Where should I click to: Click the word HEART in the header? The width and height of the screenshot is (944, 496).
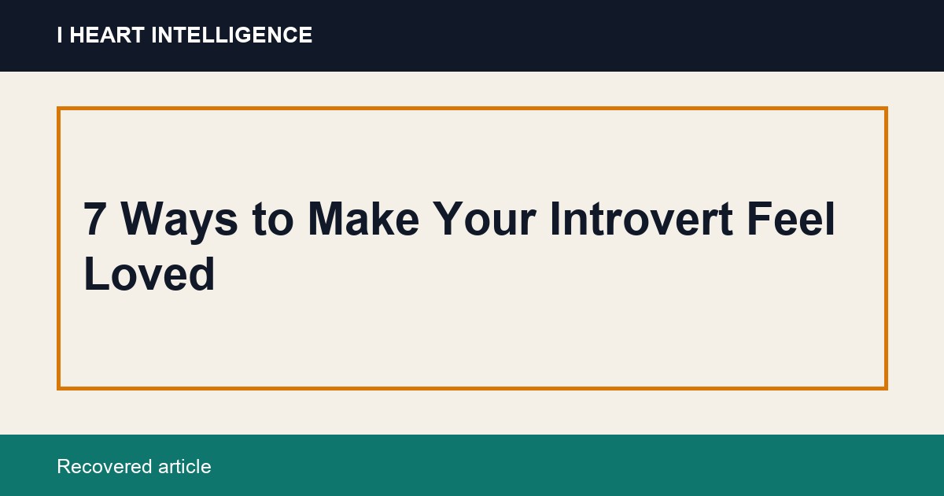(x=107, y=35)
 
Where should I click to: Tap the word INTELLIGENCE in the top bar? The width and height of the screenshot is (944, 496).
(x=232, y=35)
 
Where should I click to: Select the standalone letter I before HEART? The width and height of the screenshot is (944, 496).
(x=60, y=35)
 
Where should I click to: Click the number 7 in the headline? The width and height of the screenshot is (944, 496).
(x=94, y=219)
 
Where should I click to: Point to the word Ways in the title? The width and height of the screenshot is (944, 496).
(x=179, y=223)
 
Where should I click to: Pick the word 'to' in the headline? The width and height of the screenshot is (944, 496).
(x=273, y=220)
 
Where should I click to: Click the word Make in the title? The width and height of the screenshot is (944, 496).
(x=363, y=219)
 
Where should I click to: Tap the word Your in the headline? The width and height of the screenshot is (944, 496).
(x=485, y=219)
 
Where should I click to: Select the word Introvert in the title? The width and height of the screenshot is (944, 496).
(x=641, y=219)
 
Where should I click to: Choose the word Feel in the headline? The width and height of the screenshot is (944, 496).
(x=791, y=219)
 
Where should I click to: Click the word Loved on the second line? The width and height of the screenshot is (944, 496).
(x=149, y=273)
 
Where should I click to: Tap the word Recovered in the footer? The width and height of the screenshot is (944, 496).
(x=104, y=466)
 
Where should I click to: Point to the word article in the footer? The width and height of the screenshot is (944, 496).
(x=185, y=466)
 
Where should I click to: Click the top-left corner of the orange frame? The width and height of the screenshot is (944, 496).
(x=58, y=109)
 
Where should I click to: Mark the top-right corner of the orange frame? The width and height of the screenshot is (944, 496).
(x=887, y=109)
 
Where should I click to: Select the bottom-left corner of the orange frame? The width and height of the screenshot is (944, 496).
(x=58, y=388)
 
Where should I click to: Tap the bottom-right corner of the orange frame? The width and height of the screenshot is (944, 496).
(x=887, y=388)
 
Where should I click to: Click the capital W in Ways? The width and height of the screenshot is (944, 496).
(x=142, y=219)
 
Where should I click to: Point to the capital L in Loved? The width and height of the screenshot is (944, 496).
(x=96, y=273)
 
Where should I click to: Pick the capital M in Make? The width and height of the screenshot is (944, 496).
(x=326, y=219)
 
